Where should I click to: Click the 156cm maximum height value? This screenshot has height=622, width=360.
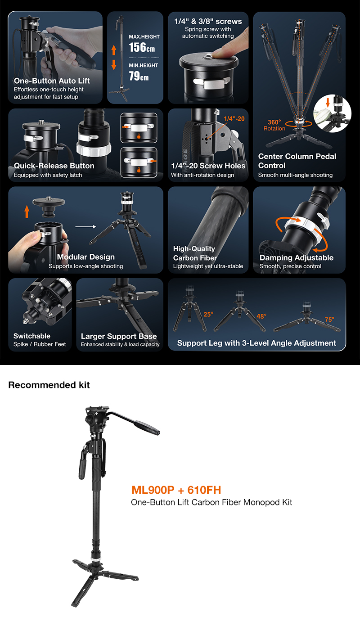click(x=142, y=47)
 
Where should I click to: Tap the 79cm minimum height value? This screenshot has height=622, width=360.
click(x=139, y=76)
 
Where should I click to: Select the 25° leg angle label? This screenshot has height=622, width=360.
click(x=208, y=314)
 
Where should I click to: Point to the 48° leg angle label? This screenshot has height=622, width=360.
click(x=261, y=316)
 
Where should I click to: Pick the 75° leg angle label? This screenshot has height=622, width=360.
click(x=330, y=320)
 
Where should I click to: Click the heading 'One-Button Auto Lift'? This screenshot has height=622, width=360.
click(x=52, y=81)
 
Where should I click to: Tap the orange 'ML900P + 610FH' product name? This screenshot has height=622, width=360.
click(x=176, y=490)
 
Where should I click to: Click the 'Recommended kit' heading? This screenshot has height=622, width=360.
click(x=49, y=385)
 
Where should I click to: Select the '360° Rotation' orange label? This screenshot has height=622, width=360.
click(x=274, y=125)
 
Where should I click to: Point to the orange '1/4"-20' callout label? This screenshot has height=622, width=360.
click(x=234, y=118)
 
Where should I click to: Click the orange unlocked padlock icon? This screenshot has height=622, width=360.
click(x=139, y=136)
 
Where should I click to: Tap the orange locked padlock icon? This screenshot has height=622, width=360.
click(x=139, y=170)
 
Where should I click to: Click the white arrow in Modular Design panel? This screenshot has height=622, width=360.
click(x=85, y=226)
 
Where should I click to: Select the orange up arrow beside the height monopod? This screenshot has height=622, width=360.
click(x=114, y=50)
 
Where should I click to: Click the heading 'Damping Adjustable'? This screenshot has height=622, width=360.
click(x=297, y=257)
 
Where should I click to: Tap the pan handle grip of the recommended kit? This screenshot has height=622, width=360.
click(x=147, y=427)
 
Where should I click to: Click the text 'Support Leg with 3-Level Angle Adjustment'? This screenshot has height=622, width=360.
click(x=256, y=343)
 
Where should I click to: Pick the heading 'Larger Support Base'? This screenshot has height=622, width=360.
click(x=119, y=336)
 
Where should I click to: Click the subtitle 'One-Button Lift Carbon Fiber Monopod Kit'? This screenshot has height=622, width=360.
click(x=211, y=502)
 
